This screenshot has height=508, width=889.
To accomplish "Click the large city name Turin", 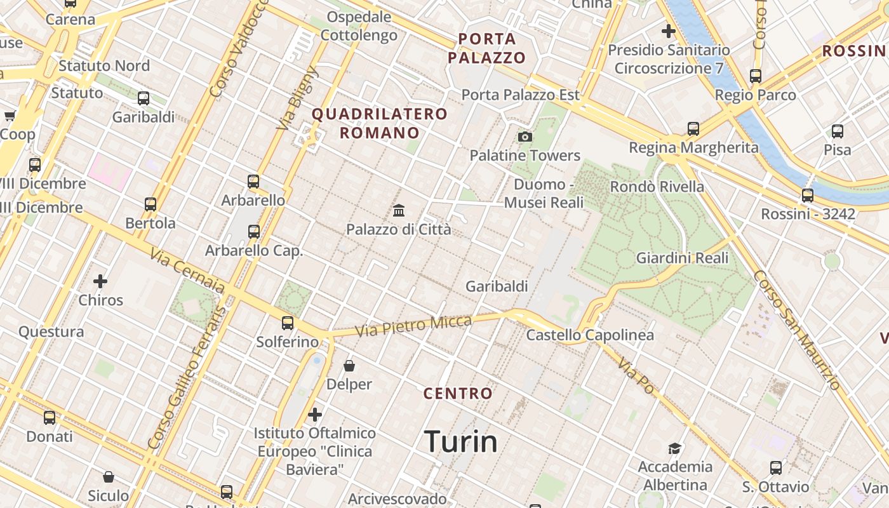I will pyautogui.click(x=460, y=441).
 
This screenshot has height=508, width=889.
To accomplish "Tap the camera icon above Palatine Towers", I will pyautogui.click(x=525, y=137).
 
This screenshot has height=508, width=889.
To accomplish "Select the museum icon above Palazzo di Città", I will pyautogui.click(x=399, y=210).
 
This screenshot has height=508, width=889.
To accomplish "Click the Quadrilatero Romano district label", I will pyautogui.click(x=380, y=123).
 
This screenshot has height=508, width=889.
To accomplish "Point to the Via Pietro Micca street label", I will pyautogui.click(x=413, y=326).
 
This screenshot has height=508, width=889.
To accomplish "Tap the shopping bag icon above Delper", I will pyautogui.click(x=349, y=366).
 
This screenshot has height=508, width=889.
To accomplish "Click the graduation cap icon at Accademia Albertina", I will pyautogui.click(x=674, y=448).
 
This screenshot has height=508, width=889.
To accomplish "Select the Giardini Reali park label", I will pyautogui.click(x=682, y=258).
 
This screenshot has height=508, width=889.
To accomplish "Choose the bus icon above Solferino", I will pyautogui.click(x=288, y=323).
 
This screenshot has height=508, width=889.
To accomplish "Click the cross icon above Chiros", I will pyautogui.click(x=100, y=281).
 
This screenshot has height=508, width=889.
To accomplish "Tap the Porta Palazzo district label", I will pyautogui.click(x=487, y=48).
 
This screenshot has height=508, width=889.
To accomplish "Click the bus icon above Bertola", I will pyautogui.click(x=150, y=204).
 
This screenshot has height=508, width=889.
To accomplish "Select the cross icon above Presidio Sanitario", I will pyautogui.click(x=668, y=30).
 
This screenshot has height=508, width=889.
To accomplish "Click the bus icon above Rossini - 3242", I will pyautogui.click(x=807, y=196).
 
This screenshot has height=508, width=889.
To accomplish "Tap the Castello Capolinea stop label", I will pyautogui.click(x=590, y=335).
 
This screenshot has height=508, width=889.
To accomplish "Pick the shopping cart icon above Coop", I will pyautogui.click(x=10, y=116).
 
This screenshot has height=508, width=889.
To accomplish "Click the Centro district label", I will pyautogui.click(x=458, y=394).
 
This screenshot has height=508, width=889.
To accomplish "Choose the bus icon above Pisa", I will pyautogui.click(x=838, y=131).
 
